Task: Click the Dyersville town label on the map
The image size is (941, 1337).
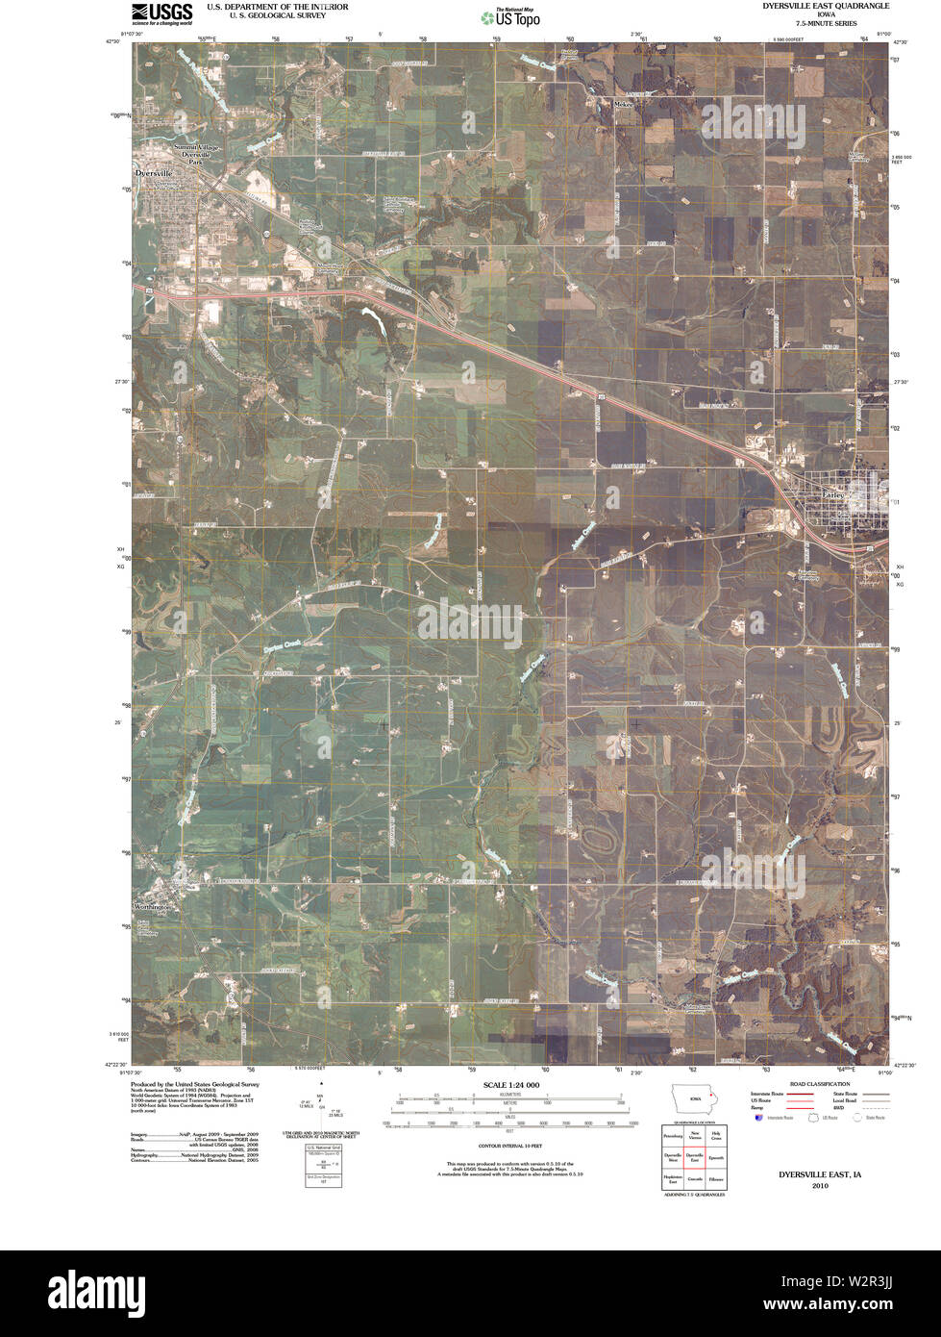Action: (154, 172)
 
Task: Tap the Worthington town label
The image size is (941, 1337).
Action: (154, 907)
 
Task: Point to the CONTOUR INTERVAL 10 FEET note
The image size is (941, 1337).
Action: (509, 1147)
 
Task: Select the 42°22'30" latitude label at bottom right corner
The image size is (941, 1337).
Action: (906, 1065)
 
